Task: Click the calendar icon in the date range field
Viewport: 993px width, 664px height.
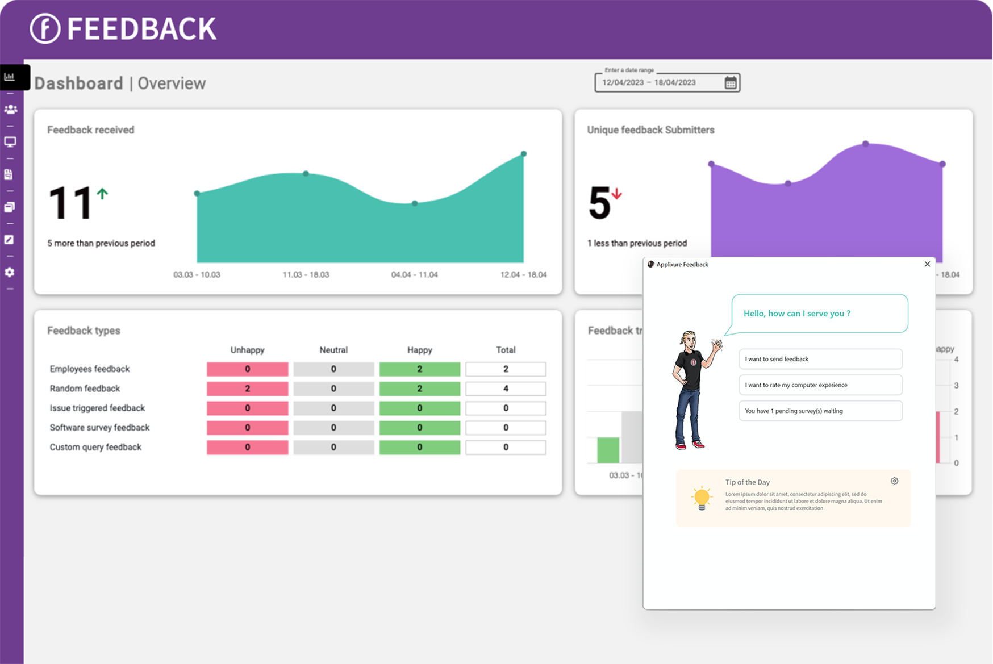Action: click(x=731, y=83)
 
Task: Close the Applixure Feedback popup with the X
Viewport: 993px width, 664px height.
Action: click(x=927, y=264)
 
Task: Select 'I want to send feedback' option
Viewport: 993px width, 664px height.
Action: click(x=820, y=359)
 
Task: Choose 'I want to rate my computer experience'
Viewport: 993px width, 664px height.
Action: click(x=820, y=385)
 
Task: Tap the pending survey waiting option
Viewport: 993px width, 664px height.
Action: click(x=820, y=411)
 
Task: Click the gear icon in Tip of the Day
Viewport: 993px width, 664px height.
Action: click(x=894, y=481)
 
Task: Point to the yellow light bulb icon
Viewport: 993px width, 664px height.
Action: click(x=702, y=498)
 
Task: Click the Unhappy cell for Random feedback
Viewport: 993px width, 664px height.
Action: click(x=247, y=389)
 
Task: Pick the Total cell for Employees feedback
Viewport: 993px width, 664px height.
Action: click(x=506, y=369)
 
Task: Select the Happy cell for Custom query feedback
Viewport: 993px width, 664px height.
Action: click(x=419, y=447)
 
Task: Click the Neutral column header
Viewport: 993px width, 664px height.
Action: click(x=333, y=350)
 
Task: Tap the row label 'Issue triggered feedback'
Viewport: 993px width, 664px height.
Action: click(x=97, y=408)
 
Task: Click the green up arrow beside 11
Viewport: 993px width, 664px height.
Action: click(x=102, y=194)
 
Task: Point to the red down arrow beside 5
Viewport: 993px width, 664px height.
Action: click(x=617, y=194)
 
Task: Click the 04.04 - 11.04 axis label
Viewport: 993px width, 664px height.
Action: click(x=414, y=275)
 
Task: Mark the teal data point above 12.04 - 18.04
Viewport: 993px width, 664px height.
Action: click(x=524, y=154)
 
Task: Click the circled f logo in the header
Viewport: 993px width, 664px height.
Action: click(x=45, y=28)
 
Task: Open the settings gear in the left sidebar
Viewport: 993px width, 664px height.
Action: click(x=10, y=273)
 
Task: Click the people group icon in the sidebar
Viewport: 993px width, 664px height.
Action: click(x=10, y=109)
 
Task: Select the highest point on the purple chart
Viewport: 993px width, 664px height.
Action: click(x=865, y=144)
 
